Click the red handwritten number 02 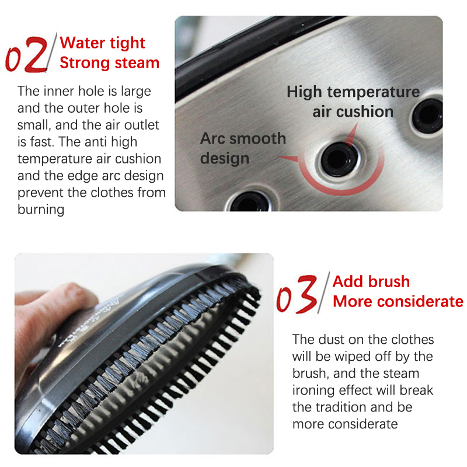[x=27, y=55]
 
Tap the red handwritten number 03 [x=297, y=294]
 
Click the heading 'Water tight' [x=102, y=43]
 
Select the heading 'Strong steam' [x=109, y=63]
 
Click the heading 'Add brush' [x=371, y=281]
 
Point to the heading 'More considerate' [x=398, y=301]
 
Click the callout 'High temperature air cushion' [x=353, y=102]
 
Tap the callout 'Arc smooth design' [x=243, y=148]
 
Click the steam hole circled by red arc [x=339, y=159]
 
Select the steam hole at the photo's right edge [x=427, y=115]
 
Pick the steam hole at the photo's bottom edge [x=250, y=202]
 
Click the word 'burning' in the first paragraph [x=41, y=210]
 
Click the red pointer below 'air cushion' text [x=351, y=135]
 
